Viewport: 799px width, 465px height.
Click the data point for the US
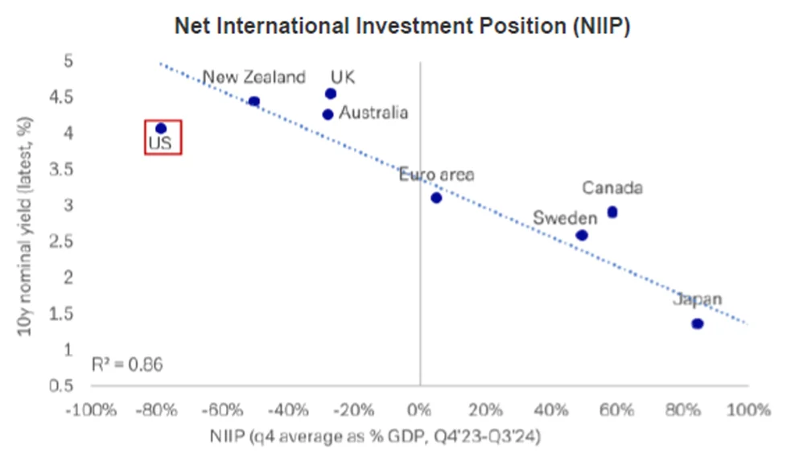point(160,128)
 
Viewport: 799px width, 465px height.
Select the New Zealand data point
point(253,101)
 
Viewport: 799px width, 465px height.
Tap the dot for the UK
point(330,93)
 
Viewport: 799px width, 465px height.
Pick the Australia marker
point(327,114)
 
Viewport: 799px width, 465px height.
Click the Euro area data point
point(436,197)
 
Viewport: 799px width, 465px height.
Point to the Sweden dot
point(582,235)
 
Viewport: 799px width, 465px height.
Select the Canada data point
point(612,212)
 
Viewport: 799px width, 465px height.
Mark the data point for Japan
point(698,323)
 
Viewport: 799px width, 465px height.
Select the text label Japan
point(698,299)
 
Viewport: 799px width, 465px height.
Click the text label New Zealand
point(253,77)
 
